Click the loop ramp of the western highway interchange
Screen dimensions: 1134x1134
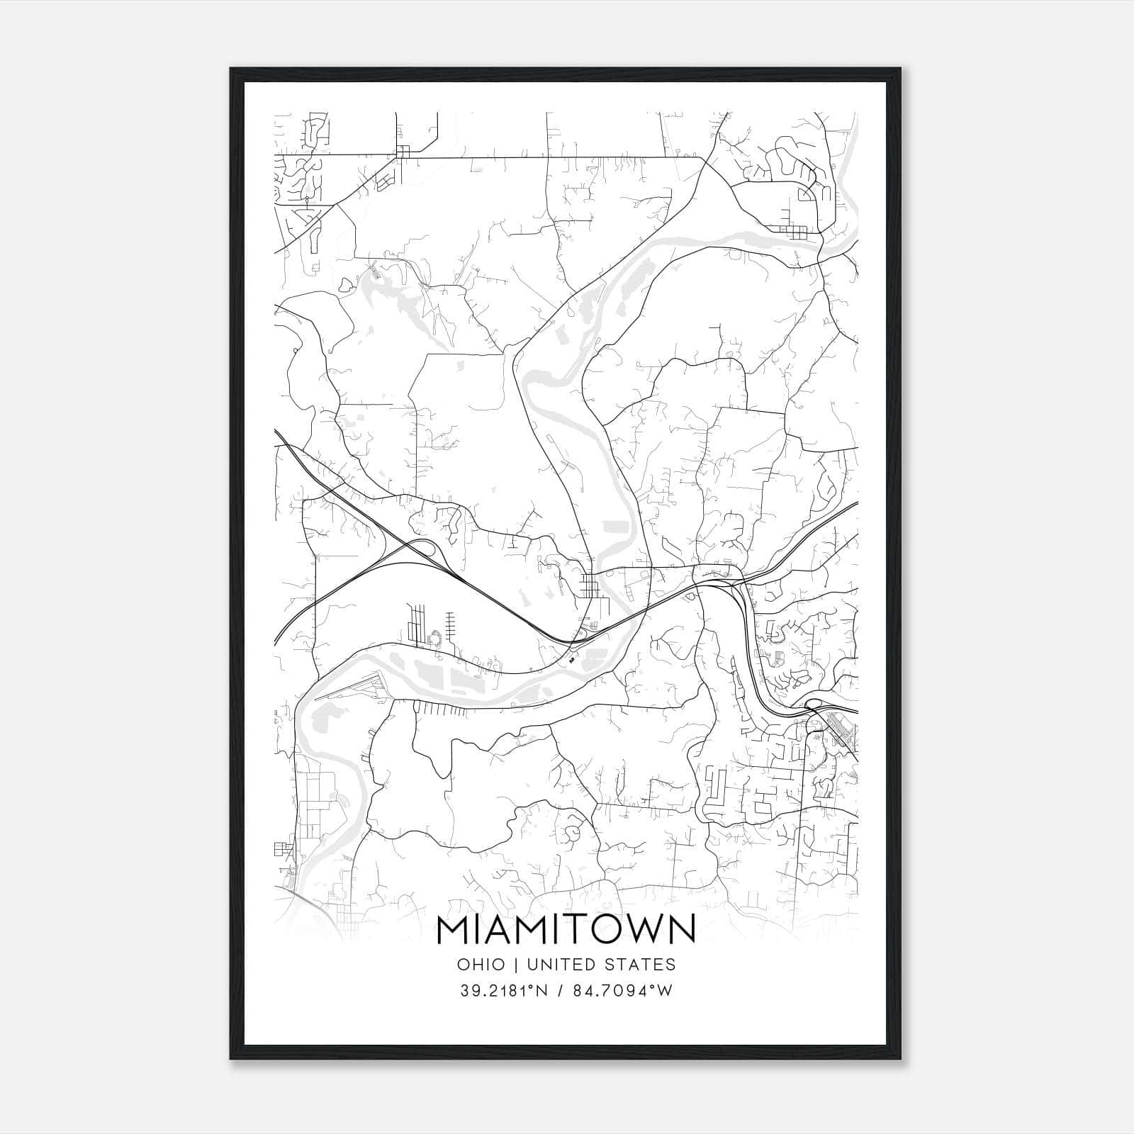coord(424,548)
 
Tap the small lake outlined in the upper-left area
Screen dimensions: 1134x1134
coord(346,285)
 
